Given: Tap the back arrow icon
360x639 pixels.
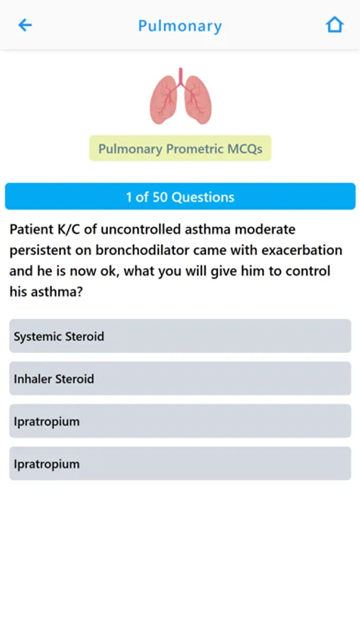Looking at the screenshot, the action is point(25,26).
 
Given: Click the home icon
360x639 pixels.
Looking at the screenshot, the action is point(334,25).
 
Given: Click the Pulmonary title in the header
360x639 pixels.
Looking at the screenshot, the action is point(180,26).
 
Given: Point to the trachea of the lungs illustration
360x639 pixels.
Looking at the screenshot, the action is point(180,77).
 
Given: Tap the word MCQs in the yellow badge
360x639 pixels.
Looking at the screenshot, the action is point(245,149).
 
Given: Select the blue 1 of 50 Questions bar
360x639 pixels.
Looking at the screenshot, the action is point(180,197).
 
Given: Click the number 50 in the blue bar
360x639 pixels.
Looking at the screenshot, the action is point(160,197).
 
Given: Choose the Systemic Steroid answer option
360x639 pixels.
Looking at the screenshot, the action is point(180,337).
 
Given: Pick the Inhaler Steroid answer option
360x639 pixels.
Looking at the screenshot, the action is point(180,378).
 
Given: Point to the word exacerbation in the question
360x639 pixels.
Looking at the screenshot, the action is point(302,250).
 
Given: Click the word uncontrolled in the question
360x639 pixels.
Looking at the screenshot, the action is point(141,229).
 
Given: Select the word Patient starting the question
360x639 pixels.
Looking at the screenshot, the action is point(29,229).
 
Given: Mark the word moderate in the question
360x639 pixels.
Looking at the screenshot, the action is point(265,229).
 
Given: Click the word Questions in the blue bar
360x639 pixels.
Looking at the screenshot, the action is point(203,197).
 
